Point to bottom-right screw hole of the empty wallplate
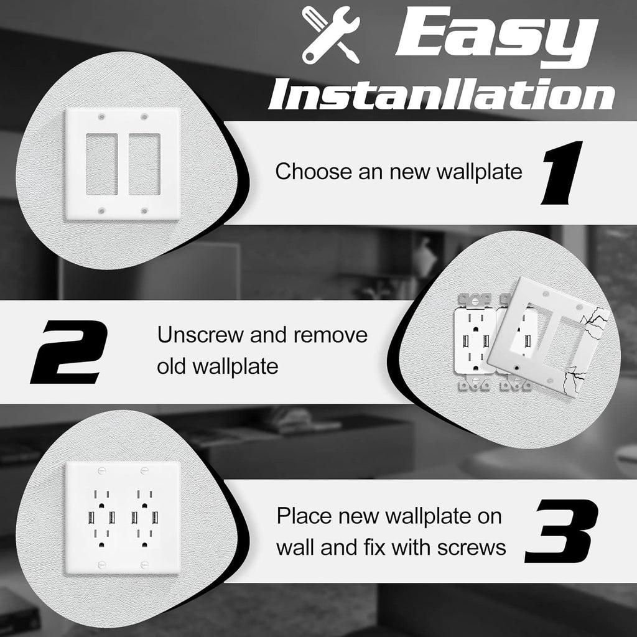coord(144,212)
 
